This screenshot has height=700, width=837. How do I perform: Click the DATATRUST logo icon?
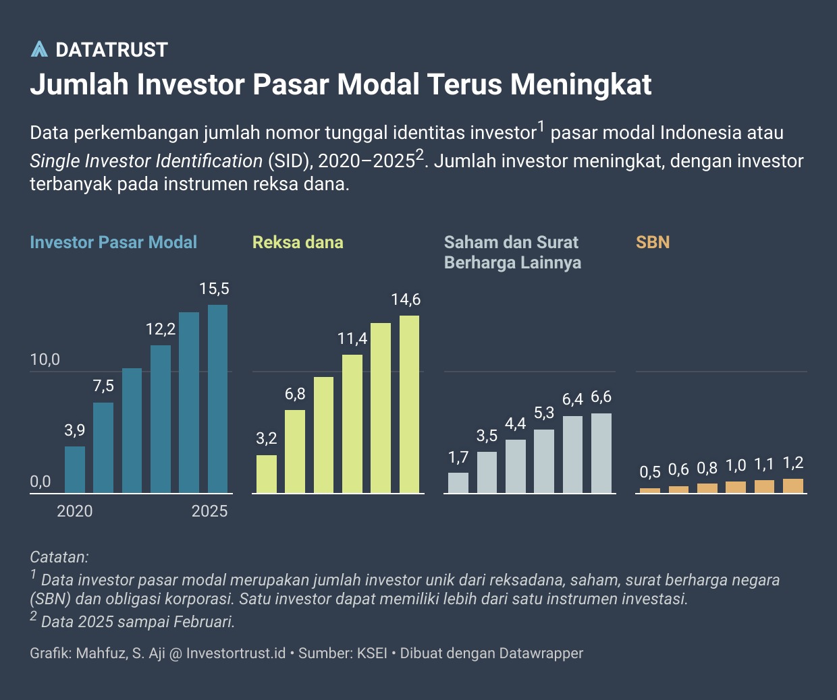tap(39, 49)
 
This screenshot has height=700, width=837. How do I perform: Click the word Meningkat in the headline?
tap(580, 85)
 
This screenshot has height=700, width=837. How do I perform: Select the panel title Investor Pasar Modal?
tap(113, 243)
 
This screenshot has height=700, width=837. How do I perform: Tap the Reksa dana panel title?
tap(298, 243)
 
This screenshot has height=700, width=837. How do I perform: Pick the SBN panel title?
tap(653, 243)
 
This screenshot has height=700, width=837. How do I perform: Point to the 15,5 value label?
tap(214, 289)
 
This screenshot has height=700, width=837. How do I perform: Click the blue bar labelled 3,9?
tap(75, 469)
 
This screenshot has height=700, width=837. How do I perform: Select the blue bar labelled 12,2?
tap(161, 419)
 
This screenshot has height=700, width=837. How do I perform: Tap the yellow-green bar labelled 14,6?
tap(409, 404)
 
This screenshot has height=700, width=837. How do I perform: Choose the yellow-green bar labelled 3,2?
tap(267, 474)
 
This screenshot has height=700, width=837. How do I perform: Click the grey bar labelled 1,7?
tap(458, 483)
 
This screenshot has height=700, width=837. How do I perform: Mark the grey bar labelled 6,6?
tap(601, 453)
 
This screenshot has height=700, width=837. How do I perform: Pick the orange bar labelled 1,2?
tap(793, 486)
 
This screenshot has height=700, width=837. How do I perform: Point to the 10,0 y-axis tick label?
tap(45, 360)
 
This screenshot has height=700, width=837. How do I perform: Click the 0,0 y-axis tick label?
tap(40, 482)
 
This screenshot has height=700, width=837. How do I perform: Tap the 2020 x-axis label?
tap(75, 511)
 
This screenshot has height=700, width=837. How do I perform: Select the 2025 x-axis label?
tap(210, 511)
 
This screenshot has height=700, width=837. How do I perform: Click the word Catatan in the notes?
tap(59, 558)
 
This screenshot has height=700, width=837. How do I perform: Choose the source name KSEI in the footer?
tap(372, 653)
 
